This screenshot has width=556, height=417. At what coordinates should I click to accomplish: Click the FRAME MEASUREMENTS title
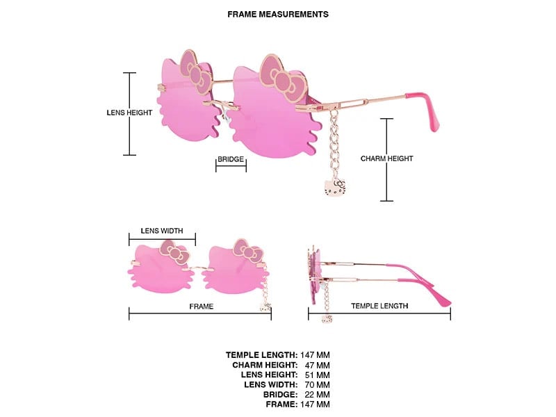click(x=278, y=15)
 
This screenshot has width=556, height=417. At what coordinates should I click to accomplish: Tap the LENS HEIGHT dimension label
click(x=129, y=113)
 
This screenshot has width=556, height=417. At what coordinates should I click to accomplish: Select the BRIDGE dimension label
click(x=231, y=159)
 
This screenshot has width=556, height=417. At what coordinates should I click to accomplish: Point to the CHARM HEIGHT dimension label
click(x=387, y=158)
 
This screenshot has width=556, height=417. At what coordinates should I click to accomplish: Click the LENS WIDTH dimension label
click(x=162, y=231)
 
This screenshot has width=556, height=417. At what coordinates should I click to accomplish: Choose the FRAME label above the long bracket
click(x=202, y=306)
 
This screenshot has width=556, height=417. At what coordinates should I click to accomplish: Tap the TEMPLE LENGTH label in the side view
click(x=379, y=306)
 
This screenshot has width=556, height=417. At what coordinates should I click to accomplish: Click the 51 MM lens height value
click(x=318, y=375)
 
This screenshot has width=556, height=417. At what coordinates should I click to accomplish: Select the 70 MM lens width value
click(x=318, y=385)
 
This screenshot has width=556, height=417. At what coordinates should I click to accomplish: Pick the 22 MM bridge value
click(x=318, y=395)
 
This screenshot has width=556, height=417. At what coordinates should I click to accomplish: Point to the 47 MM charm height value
click(x=318, y=366)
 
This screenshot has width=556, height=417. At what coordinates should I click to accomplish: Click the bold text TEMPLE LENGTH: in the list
click(x=262, y=355)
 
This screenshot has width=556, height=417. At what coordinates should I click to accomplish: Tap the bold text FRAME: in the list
click(x=282, y=404)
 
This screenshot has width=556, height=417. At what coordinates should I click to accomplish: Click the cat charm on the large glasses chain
click(x=335, y=188)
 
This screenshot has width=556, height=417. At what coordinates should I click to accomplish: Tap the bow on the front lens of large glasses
click(x=283, y=79)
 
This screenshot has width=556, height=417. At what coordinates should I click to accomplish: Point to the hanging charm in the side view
click(x=327, y=319)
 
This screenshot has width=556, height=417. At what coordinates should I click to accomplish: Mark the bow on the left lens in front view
click(x=174, y=252)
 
